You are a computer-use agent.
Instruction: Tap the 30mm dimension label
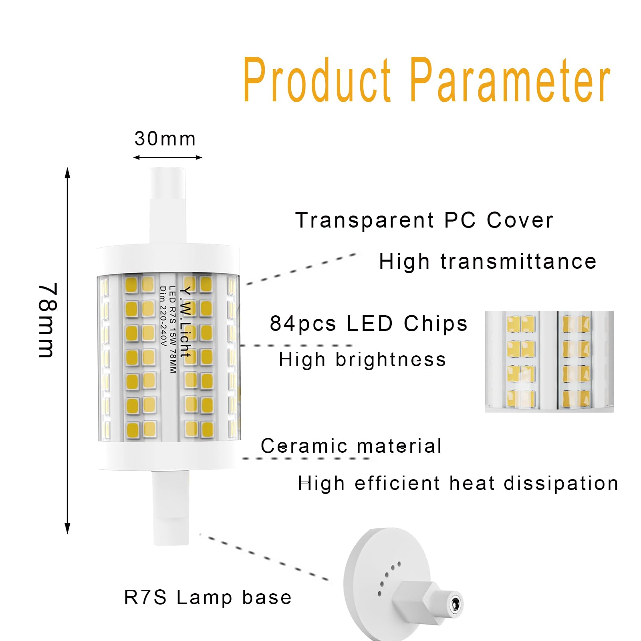(x=165, y=139)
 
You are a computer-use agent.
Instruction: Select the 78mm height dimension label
(x=48, y=320)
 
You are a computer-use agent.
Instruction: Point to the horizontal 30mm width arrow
(x=167, y=157)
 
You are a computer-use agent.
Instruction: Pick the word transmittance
(x=518, y=262)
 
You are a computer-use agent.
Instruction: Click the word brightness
(x=391, y=359)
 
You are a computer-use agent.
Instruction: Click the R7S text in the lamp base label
(x=145, y=597)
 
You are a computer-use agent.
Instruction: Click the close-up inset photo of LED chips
(x=549, y=361)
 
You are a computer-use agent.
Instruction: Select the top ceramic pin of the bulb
(x=168, y=205)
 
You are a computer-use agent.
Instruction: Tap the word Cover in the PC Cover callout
(x=520, y=220)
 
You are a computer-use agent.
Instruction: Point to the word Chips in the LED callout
(x=435, y=324)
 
